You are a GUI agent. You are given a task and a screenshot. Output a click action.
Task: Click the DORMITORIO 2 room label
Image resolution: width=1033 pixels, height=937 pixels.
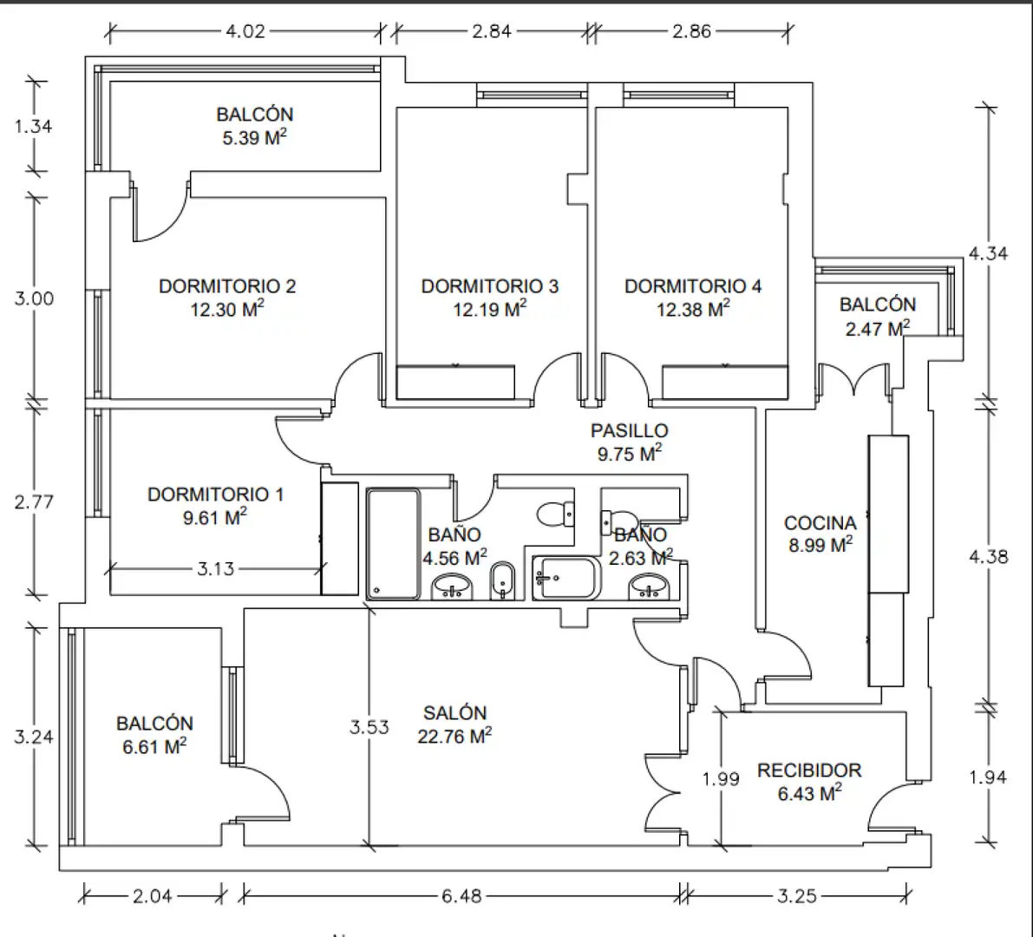[x=227, y=286]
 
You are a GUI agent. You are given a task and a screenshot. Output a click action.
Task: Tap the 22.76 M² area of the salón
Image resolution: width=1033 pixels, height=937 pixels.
[x=454, y=736]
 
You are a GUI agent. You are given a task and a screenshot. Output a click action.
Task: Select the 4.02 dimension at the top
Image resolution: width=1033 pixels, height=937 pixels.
[x=245, y=31]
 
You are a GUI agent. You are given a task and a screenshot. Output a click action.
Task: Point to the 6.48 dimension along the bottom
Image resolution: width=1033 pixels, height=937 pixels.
[x=461, y=895]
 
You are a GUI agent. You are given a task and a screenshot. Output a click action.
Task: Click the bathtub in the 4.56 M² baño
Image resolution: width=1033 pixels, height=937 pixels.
[x=393, y=544]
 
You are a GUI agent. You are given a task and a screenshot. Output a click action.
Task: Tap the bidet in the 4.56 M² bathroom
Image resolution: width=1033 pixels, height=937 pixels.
[x=503, y=580]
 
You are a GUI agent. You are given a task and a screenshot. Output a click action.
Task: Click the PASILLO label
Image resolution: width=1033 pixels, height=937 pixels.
[x=629, y=430]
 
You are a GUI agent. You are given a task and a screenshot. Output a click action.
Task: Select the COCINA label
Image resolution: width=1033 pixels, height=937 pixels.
[x=821, y=522]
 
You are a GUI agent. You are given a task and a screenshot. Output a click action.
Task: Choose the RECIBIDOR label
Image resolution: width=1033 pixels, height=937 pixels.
[x=809, y=770]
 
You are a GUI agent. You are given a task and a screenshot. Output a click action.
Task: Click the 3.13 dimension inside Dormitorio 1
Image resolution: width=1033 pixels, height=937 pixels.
[x=215, y=568]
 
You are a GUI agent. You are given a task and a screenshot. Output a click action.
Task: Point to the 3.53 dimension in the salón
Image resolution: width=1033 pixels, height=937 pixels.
[x=369, y=727]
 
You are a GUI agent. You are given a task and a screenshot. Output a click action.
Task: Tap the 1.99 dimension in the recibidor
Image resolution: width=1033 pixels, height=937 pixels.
[x=721, y=779]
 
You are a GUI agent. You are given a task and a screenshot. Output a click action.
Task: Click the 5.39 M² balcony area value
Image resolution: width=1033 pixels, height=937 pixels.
[x=254, y=137]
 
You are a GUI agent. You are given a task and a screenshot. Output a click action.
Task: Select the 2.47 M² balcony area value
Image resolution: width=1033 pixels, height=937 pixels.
[x=878, y=327]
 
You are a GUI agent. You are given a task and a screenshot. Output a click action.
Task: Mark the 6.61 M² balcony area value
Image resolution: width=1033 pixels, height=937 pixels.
[x=154, y=746]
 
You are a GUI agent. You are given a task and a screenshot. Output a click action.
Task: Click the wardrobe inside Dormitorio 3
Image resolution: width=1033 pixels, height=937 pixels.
[x=455, y=383]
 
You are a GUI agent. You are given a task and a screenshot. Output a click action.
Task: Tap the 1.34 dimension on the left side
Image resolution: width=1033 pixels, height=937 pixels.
[x=33, y=125]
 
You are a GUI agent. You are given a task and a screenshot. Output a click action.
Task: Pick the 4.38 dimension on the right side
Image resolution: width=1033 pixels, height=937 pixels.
[x=988, y=557]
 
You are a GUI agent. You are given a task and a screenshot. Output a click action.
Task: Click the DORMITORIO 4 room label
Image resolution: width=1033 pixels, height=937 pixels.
[x=693, y=286]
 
